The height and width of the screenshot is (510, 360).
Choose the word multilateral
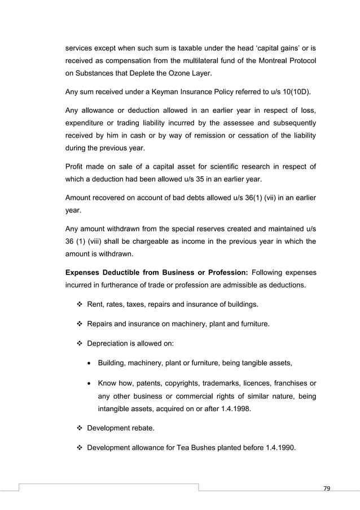point(200,60)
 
